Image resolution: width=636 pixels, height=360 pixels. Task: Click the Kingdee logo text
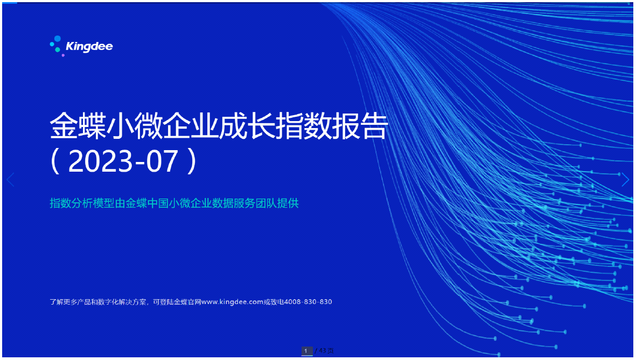(89, 47)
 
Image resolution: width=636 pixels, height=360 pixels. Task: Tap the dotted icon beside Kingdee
(56, 46)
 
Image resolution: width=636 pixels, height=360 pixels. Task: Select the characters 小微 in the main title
(134, 126)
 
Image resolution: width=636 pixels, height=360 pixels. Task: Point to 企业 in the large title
(191, 126)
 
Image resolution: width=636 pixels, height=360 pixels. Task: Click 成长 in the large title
(247, 126)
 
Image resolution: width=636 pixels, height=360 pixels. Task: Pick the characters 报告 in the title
(360, 126)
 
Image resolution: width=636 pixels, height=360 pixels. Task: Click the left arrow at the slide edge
(11, 180)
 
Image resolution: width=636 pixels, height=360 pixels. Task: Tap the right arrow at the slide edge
(625, 180)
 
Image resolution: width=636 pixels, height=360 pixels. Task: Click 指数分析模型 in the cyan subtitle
(82, 203)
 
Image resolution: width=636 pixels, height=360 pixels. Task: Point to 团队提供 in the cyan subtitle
(277, 203)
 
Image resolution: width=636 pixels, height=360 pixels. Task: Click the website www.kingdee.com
(233, 302)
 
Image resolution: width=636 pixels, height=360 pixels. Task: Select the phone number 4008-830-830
(308, 302)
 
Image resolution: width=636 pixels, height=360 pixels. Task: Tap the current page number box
(306, 351)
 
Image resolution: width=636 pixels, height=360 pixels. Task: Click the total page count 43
(323, 351)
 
